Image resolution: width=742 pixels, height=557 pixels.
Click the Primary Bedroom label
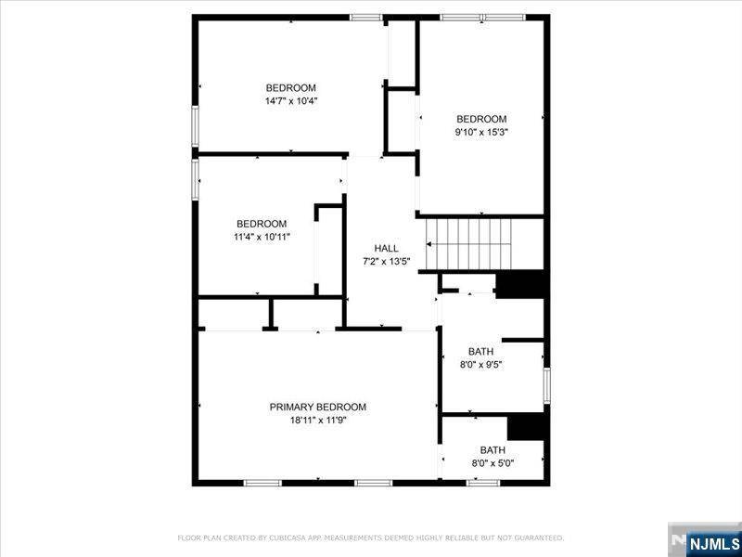[317, 407]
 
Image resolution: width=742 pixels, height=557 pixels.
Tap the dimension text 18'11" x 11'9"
[317, 420]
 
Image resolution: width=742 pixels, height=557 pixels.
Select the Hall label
[386, 248]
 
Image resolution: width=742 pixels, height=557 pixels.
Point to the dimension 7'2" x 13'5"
[386, 261]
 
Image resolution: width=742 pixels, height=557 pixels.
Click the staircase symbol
[469, 242]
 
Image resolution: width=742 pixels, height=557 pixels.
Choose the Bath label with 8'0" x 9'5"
[480, 351]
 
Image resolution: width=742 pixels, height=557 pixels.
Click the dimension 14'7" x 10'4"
[291, 101]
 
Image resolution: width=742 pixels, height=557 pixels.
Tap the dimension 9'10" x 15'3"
[481, 132]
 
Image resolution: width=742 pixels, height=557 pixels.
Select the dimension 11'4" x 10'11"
[262, 237]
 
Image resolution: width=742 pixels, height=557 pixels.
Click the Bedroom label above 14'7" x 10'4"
[291, 88]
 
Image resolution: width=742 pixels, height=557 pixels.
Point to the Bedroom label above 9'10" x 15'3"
[481, 119]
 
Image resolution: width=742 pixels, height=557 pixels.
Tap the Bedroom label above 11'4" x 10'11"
[262, 224]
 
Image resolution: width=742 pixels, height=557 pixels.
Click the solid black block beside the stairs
[520, 284]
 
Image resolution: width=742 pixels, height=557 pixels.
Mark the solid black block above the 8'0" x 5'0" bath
[526, 426]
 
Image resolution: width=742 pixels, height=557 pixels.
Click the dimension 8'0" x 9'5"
[480, 365]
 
